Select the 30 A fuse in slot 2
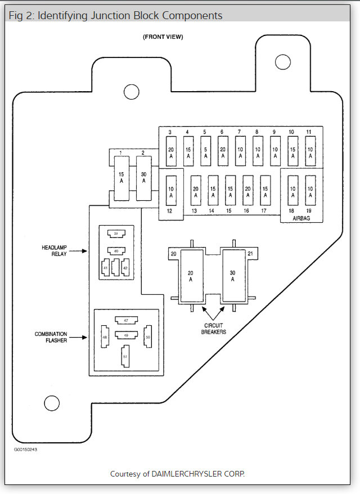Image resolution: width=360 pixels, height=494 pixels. pos(144,178)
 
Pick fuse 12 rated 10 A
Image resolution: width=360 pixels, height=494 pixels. pos(171,192)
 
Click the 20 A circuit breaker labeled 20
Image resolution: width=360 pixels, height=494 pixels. pos(190,276)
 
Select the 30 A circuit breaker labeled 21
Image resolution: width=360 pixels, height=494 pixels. pos(233,276)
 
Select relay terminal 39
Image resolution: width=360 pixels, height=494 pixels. pos(116,233)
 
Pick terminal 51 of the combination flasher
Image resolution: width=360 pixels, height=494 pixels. pos(125,357)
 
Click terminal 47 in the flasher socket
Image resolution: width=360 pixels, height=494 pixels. pos(125,320)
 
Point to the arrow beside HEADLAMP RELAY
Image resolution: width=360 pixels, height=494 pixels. pos(81,252)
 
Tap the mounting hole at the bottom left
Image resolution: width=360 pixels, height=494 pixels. pos(52,402)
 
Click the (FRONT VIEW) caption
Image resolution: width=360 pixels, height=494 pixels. pos(163,37)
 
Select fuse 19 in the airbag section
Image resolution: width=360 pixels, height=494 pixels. pos(309,192)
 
